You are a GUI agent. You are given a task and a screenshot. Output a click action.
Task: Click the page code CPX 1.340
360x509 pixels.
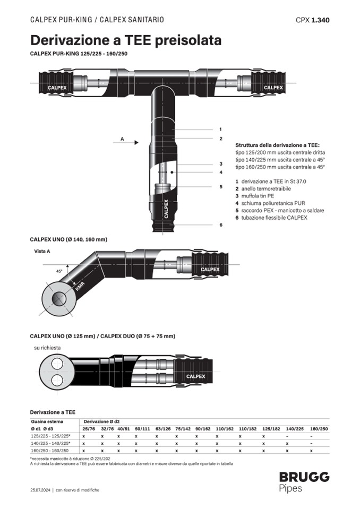312,20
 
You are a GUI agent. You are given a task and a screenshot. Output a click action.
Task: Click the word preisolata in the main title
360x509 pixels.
184,40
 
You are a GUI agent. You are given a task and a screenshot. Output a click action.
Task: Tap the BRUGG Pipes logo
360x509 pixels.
304,481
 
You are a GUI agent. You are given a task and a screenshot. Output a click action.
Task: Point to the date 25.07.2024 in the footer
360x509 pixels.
40,490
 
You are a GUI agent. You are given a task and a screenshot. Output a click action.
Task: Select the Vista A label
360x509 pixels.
42,251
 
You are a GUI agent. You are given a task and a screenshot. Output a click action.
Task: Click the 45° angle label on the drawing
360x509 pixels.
59,271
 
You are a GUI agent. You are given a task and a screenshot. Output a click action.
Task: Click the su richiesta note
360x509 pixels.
47,348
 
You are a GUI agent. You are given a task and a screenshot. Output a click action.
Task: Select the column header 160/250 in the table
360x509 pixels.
319,428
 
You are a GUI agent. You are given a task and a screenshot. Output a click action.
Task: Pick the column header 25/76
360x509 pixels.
88,428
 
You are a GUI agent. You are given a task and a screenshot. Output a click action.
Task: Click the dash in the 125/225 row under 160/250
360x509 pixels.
312,436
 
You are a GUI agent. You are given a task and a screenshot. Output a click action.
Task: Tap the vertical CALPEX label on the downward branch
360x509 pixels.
166,209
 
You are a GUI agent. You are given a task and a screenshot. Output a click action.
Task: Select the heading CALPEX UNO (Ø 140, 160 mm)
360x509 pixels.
68,239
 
